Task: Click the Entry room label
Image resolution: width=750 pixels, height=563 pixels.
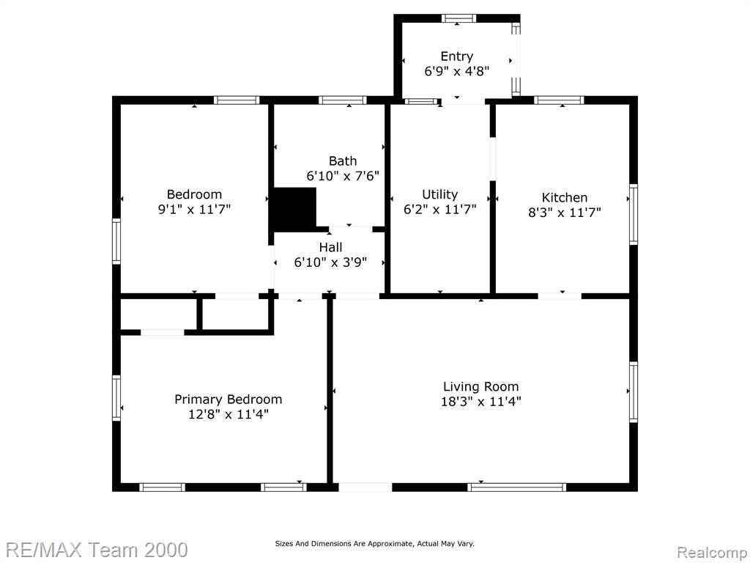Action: click(457, 56)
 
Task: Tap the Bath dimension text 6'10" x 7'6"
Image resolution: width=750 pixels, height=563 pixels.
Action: click(343, 176)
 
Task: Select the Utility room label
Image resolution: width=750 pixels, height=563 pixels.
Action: click(439, 194)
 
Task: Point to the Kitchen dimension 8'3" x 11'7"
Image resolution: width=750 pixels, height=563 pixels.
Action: click(565, 213)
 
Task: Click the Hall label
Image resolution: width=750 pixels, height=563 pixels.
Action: click(330, 248)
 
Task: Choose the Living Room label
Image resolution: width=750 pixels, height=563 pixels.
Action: click(480, 387)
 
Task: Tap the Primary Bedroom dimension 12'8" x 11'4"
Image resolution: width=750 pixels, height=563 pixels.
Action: click(229, 414)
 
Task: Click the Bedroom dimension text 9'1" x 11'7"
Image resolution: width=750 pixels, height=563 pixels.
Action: click(194, 209)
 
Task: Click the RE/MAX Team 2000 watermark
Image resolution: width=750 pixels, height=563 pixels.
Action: click(96, 550)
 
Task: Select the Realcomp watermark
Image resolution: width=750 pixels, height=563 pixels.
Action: click(711, 552)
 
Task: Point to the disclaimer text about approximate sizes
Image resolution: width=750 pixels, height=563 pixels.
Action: click(374, 543)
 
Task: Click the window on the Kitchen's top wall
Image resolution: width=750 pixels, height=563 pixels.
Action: click(559, 100)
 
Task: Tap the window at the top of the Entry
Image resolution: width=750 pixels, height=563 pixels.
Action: click(458, 18)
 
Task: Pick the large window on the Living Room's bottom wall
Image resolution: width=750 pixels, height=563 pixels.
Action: click(516, 487)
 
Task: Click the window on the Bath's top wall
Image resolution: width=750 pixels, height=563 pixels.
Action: click(343, 100)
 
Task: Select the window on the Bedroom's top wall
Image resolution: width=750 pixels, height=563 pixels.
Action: click(237, 100)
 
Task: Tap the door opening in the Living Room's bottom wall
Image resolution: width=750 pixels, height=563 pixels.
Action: click(365, 487)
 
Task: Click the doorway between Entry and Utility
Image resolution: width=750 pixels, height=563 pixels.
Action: click(463, 101)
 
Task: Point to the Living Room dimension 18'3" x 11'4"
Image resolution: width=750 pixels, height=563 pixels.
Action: click(480, 401)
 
